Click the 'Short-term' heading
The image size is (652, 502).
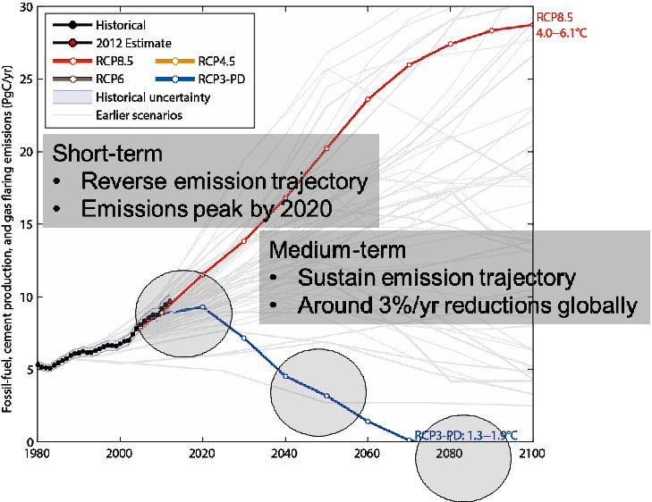(x=107, y=153)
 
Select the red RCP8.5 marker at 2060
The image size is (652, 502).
(x=368, y=99)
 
